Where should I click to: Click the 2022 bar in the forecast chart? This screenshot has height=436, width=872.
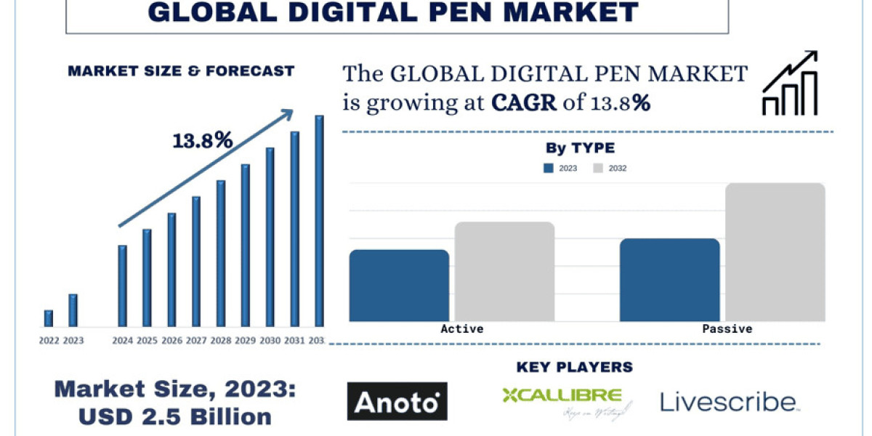(49, 318)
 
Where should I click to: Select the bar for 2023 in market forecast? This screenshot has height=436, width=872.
(73, 310)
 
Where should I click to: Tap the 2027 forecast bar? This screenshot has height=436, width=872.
(196, 262)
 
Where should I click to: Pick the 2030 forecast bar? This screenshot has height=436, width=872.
(270, 237)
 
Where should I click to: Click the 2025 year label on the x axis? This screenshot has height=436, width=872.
(147, 340)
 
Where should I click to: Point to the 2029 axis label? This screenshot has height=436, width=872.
(245, 340)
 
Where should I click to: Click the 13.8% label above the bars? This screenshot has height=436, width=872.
(203, 140)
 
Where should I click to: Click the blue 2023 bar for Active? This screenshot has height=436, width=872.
(399, 286)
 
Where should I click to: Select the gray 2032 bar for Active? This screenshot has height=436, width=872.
(505, 272)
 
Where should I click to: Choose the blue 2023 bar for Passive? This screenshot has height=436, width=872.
(669, 280)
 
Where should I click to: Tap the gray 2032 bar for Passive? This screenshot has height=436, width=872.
(775, 252)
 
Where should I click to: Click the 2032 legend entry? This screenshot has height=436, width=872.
(610, 169)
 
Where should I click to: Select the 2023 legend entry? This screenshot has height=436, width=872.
(560, 169)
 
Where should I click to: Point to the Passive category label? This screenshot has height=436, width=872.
(727, 329)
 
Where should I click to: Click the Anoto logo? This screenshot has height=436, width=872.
(397, 401)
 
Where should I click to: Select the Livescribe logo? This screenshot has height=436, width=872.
(730, 402)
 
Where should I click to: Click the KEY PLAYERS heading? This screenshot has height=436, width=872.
(574, 367)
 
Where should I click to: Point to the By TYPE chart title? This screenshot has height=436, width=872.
(580, 148)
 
